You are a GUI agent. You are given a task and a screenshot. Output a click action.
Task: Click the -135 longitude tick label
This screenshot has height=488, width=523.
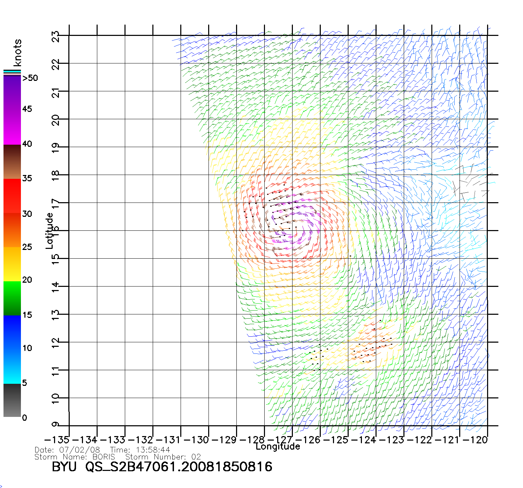tap(57, 440)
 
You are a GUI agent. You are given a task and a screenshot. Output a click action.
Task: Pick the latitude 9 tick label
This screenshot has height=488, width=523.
tap(56, 425)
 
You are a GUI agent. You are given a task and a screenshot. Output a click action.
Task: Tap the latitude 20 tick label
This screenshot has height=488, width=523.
tap(56, 120)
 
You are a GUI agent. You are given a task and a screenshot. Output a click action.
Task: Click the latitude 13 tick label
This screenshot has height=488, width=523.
tap(56, 314)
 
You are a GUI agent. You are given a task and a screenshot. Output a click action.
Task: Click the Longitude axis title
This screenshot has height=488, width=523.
tap(278, 447)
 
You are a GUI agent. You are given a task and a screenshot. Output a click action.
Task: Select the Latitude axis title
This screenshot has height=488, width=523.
tap(50, 231)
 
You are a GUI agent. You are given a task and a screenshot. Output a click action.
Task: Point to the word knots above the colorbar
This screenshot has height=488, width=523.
tap(17, 53)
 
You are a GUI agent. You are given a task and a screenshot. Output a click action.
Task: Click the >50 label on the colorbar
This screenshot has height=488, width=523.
tap(30, 78)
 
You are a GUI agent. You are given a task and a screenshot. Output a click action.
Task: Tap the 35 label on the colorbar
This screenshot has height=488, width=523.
tap(27, 178)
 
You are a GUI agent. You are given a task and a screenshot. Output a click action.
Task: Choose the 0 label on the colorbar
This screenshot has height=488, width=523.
tap(24, 418)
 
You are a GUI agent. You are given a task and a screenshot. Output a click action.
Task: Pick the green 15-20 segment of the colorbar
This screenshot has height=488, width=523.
tap(12, 298)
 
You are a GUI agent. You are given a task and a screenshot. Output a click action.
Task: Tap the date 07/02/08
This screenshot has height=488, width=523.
tap(79, 450)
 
